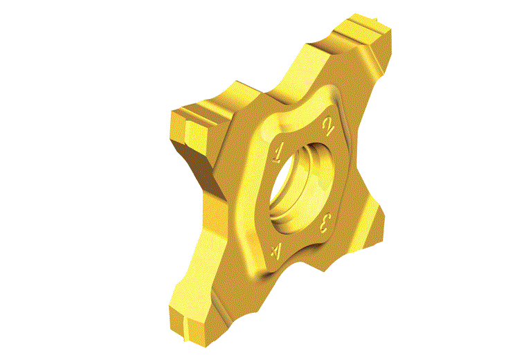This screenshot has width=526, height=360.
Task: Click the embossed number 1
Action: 278,154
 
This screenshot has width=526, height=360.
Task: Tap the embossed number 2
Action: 327,127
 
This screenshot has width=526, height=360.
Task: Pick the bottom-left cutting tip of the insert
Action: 188,322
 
